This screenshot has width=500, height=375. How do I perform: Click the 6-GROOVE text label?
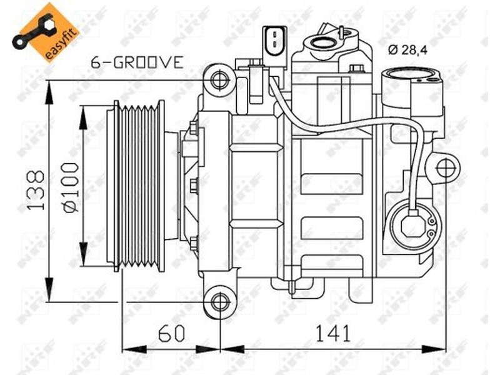coord(137,62)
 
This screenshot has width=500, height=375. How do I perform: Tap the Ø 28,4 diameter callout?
coord(407,50)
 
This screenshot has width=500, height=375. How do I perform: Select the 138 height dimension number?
coord(36,191)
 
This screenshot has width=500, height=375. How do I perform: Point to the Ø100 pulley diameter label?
coord(71,187)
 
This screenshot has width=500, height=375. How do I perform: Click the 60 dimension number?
coord(171,333)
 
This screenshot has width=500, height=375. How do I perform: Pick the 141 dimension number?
coord(333,333)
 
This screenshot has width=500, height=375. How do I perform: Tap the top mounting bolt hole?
coord(221,80)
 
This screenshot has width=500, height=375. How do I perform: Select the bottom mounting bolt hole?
coord(221,302)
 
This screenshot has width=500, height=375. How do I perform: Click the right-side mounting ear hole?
coord(445,169)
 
